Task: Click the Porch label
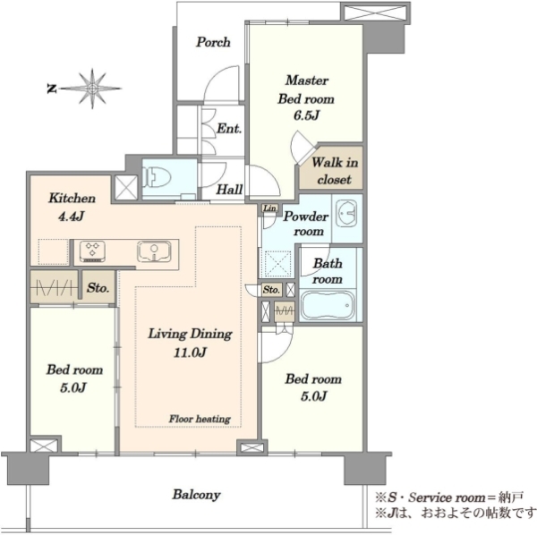click(x=213, y=42)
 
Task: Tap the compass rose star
click(x=92, y=89)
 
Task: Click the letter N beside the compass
click(x=51, y=89)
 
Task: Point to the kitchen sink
click(x=154, y=252)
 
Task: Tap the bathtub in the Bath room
click(x=328, y=306)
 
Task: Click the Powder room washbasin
click(x=346, y=214)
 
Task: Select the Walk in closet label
click(x=334, y=171)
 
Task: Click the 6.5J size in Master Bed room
click(x=306, y=115)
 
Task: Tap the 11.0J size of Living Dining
click(x=190, y=352)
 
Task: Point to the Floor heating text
click(x=200, y=419)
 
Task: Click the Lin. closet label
click(x=270, y=208)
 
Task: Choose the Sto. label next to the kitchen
click(x=98, y=288)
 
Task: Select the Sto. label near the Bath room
click(x=271, y=290)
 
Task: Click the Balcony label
click(x=197, y=495)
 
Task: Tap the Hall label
click(x=229, y=190)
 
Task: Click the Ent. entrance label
click(x=229, y=129)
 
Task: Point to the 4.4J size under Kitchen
click(x=72, y=217)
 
